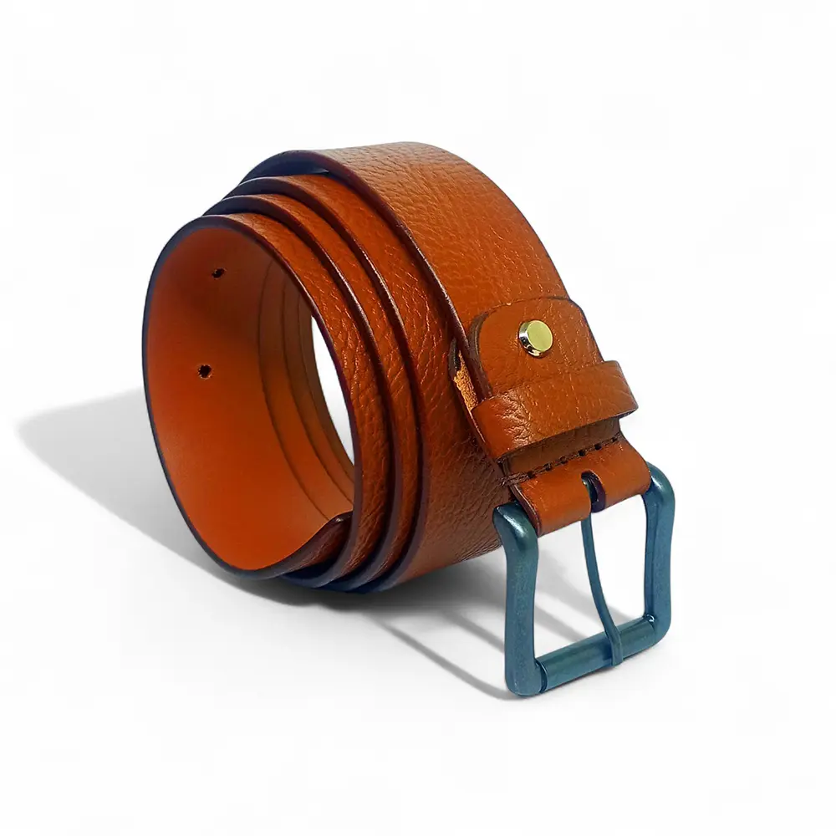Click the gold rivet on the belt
535,337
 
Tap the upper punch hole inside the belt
217,273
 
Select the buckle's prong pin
603,577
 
